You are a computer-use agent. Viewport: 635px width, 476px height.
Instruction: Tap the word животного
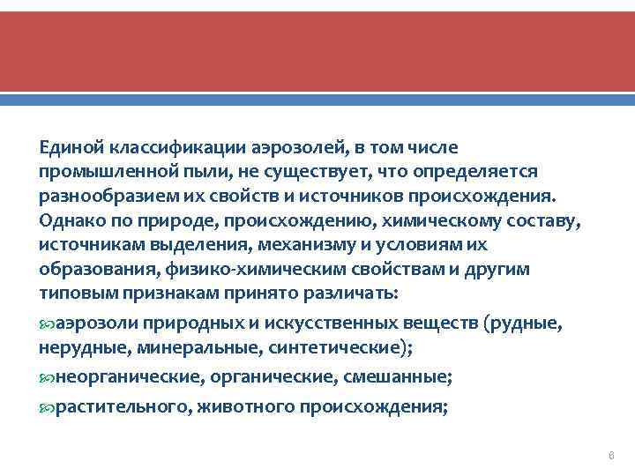tap(246, 408)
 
